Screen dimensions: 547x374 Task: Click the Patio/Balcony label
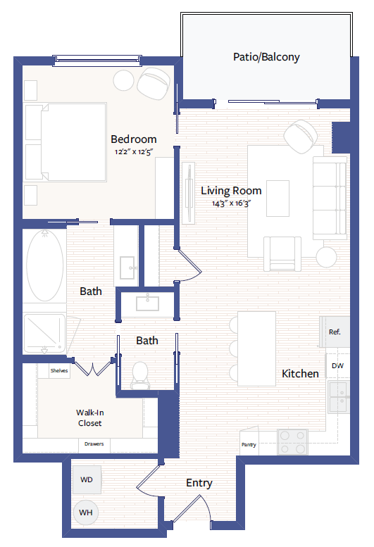[266, 57]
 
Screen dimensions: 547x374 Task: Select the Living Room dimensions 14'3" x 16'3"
[231, 203]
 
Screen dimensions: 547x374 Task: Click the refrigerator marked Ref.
[335, 332]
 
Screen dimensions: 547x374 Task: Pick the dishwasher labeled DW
[337, 365]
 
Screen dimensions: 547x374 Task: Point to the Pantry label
[249, 445]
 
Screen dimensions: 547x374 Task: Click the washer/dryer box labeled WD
[87, 479]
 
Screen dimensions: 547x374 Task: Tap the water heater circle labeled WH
[87, 513]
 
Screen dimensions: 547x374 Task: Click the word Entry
[199, 483]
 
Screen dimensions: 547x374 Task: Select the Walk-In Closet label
[89, 418]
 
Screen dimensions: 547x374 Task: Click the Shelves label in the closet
[58, 369]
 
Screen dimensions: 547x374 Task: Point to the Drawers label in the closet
[94, 444]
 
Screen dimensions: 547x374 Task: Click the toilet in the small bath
[140, 375]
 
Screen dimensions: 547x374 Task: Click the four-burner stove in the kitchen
[293, 441]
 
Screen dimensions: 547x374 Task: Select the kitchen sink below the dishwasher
[338, 396]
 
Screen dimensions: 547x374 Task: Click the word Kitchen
[300, 373]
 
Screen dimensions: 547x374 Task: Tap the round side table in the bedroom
[125, 80]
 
